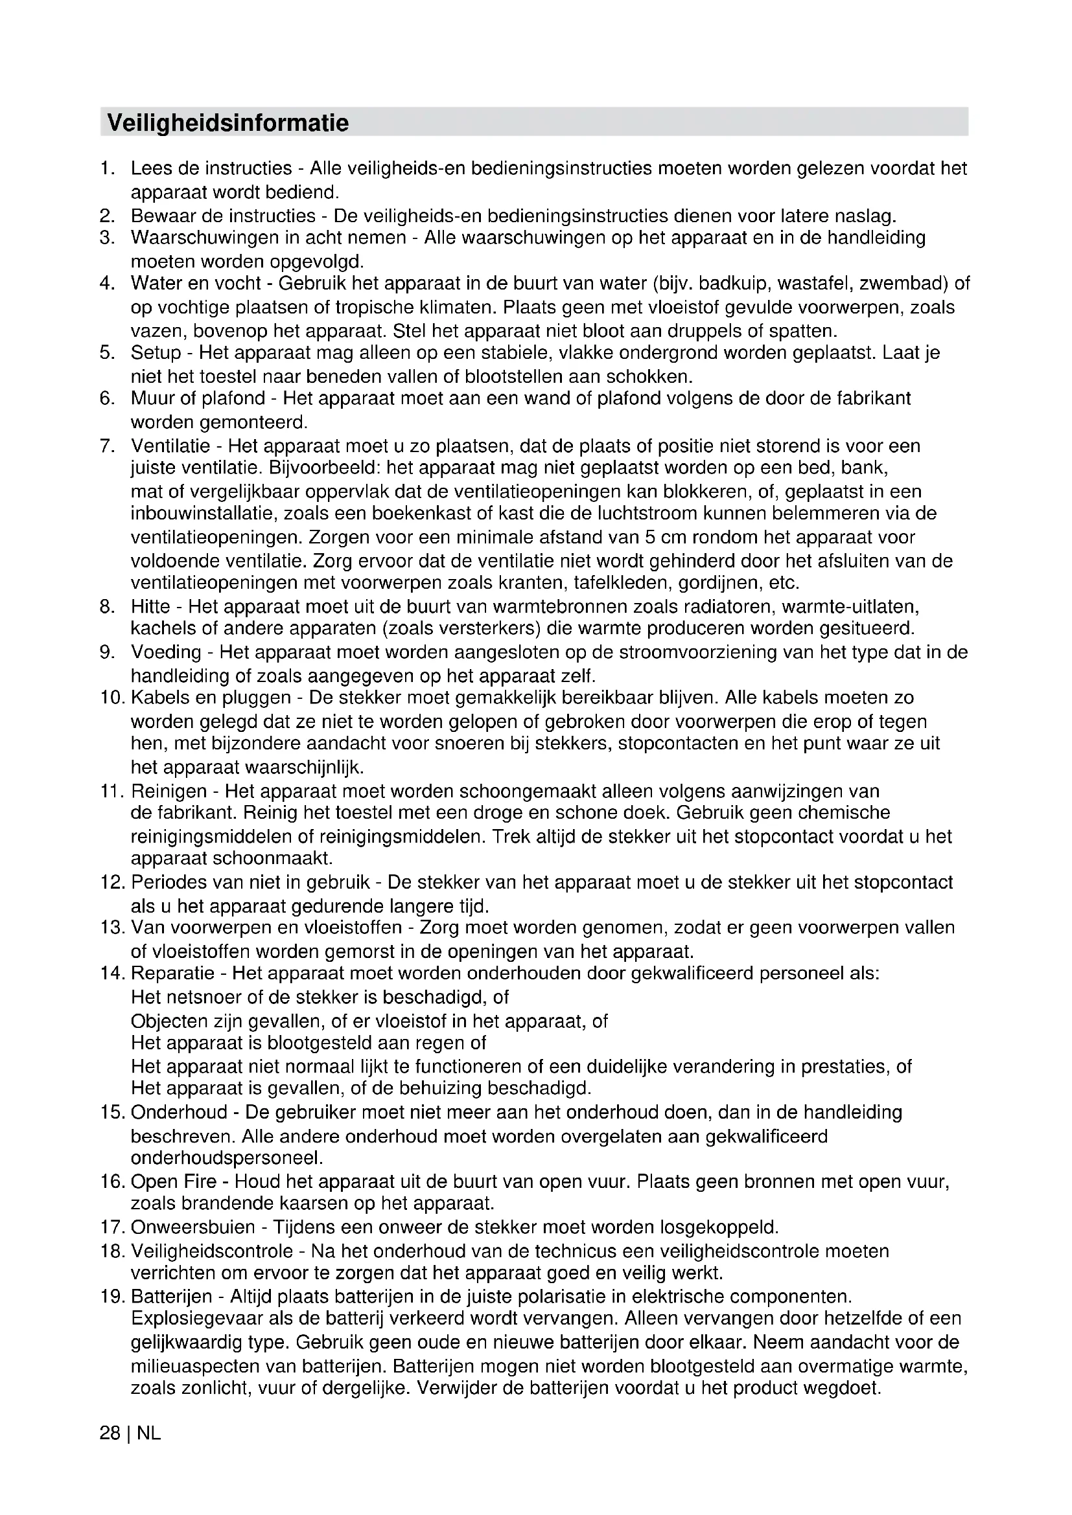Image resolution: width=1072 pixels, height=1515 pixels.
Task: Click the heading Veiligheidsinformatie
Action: (x=227, y=122)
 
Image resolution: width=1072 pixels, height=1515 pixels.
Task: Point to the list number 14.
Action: (x=112, y=974)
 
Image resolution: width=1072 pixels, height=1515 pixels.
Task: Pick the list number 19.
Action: (x=112, y=1297)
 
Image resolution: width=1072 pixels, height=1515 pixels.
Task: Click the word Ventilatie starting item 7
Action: (x=170, y=446)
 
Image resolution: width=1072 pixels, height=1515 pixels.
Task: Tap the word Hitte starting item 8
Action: (x=150, y=606)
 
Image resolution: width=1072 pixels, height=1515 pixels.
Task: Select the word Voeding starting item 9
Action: (x=166, y=652)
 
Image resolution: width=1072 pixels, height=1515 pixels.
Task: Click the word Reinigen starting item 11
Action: (x=169, y=790)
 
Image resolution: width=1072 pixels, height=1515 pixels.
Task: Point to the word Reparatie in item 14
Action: (x=173, y=974)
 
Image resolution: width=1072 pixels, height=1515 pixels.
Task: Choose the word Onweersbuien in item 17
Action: (x=192, y=1227)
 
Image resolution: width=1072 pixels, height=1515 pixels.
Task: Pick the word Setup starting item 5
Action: (x=156, y=352)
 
